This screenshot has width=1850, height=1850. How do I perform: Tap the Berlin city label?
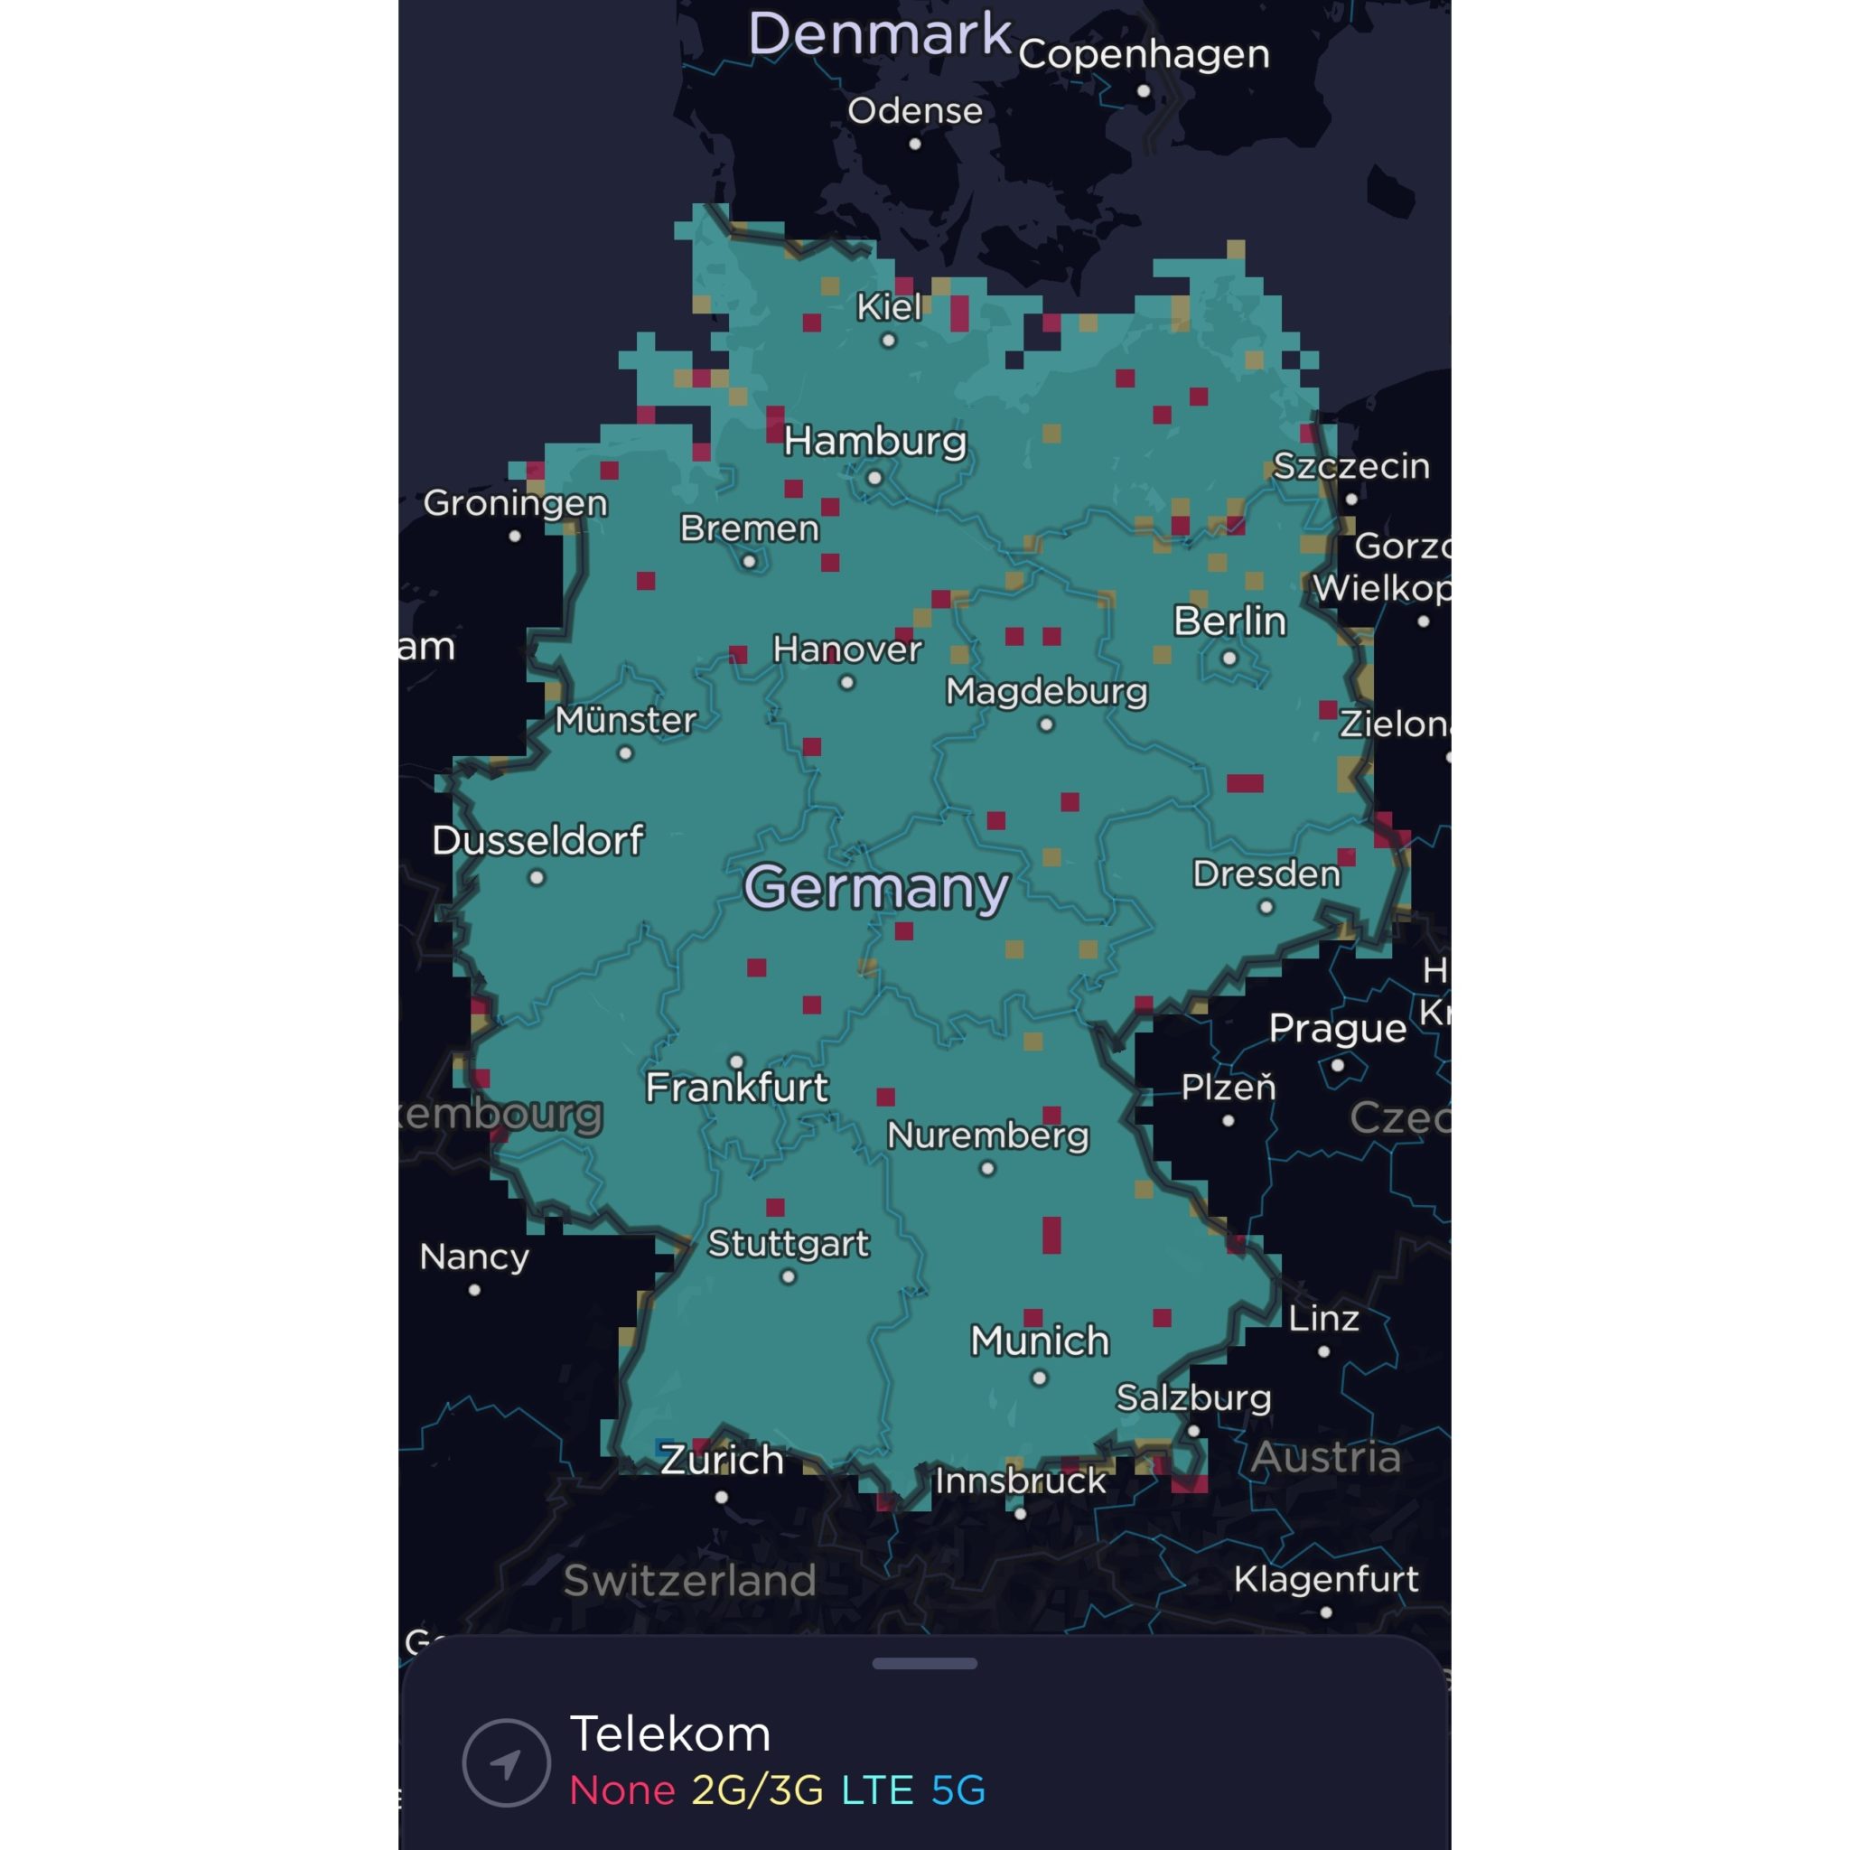(x=1229, y=621)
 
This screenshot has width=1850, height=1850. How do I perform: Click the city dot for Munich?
(x=1039, y=1378)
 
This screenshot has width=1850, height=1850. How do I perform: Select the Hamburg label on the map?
(x=874, y=442)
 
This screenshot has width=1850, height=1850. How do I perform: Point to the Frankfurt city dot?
(x=736, y=1061)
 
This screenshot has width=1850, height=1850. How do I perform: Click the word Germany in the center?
(x=876, y=888)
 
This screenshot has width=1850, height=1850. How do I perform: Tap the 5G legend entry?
(x=958, y=1789)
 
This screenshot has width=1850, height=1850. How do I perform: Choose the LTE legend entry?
(x=876, y=1789)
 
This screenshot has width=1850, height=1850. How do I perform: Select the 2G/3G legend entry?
(x=756, y=1789)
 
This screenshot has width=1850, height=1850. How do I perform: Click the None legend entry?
(x=622, y=1789)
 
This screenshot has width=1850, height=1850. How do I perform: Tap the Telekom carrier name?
(x=669, y=1734)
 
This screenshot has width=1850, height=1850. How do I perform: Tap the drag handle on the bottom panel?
(x=924, y=1663)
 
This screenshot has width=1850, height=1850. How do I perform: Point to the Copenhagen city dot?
(x=1144, y=91)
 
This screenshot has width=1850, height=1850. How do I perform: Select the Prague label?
(x=1337, y=1028)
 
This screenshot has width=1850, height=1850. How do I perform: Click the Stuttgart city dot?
(x=788, y=1276)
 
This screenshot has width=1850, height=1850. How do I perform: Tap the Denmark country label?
(x=879, y=34)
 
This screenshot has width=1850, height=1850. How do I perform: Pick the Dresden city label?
(x=1266, y=874)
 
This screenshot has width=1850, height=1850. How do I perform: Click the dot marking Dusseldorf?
(x=537, y=877)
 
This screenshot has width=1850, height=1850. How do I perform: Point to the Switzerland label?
(x=689, y=1580)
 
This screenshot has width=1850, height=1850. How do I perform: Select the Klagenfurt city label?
(x=1325, y=1579)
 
